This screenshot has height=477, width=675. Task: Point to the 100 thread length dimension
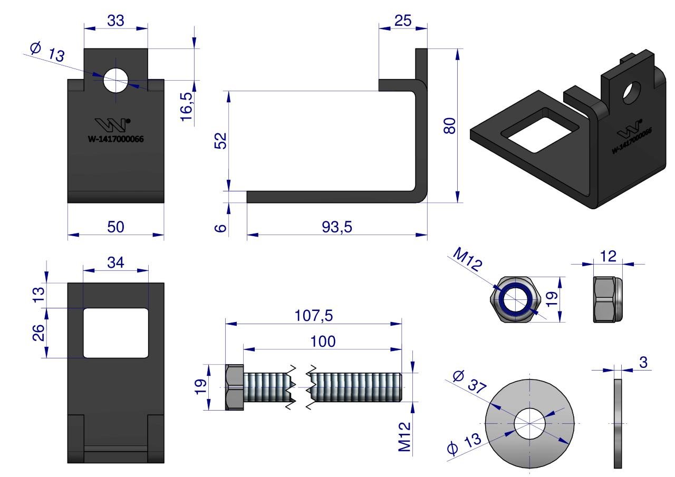323,341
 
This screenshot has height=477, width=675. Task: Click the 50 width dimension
115,227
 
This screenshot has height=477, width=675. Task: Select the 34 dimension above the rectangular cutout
115,262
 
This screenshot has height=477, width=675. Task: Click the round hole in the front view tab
116,81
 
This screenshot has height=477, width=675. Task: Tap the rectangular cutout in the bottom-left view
115,333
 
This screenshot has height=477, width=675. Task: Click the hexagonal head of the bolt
234,387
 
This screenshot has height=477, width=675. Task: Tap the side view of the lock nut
607,299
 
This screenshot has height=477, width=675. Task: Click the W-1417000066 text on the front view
116,140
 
